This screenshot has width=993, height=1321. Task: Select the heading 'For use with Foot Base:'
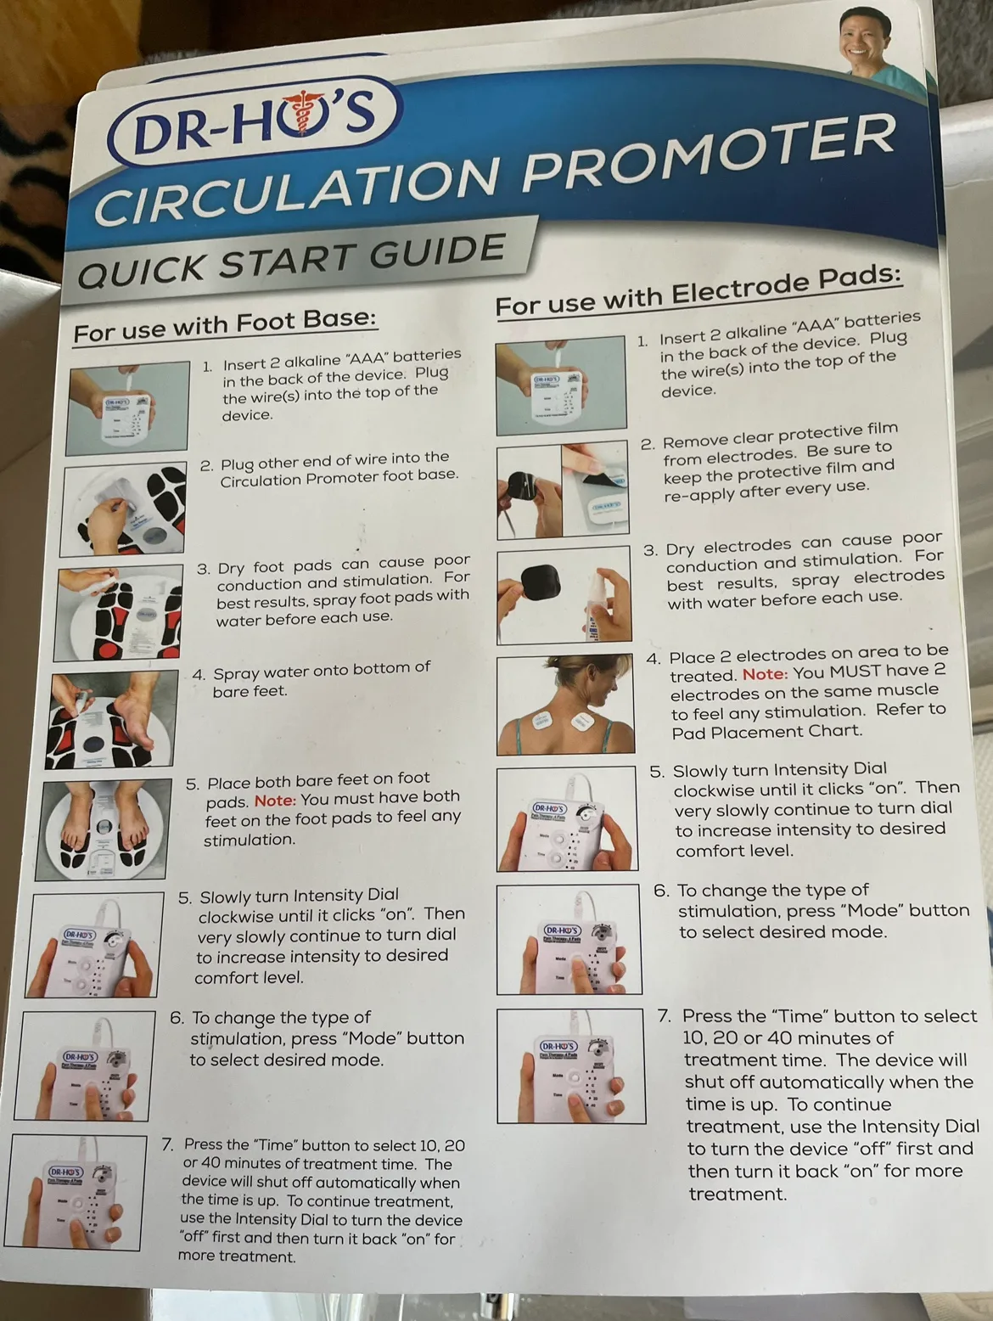224,325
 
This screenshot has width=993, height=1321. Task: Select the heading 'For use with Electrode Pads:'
698,290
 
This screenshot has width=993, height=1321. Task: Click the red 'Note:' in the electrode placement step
765,674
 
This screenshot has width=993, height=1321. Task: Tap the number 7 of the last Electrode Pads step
665,1016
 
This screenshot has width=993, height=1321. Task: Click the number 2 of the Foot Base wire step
206,466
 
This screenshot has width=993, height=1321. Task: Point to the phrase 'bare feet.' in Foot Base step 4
250,692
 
